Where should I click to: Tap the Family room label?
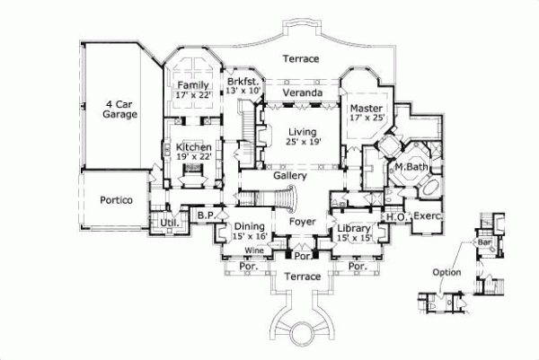coord(193,91)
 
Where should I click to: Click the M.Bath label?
coord(410,167)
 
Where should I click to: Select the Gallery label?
coord(290,178)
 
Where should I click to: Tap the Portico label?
coord(116,201)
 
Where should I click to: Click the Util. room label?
coord(167,222)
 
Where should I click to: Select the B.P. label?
coord(204,215)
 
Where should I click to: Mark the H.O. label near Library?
coord(393,217)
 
